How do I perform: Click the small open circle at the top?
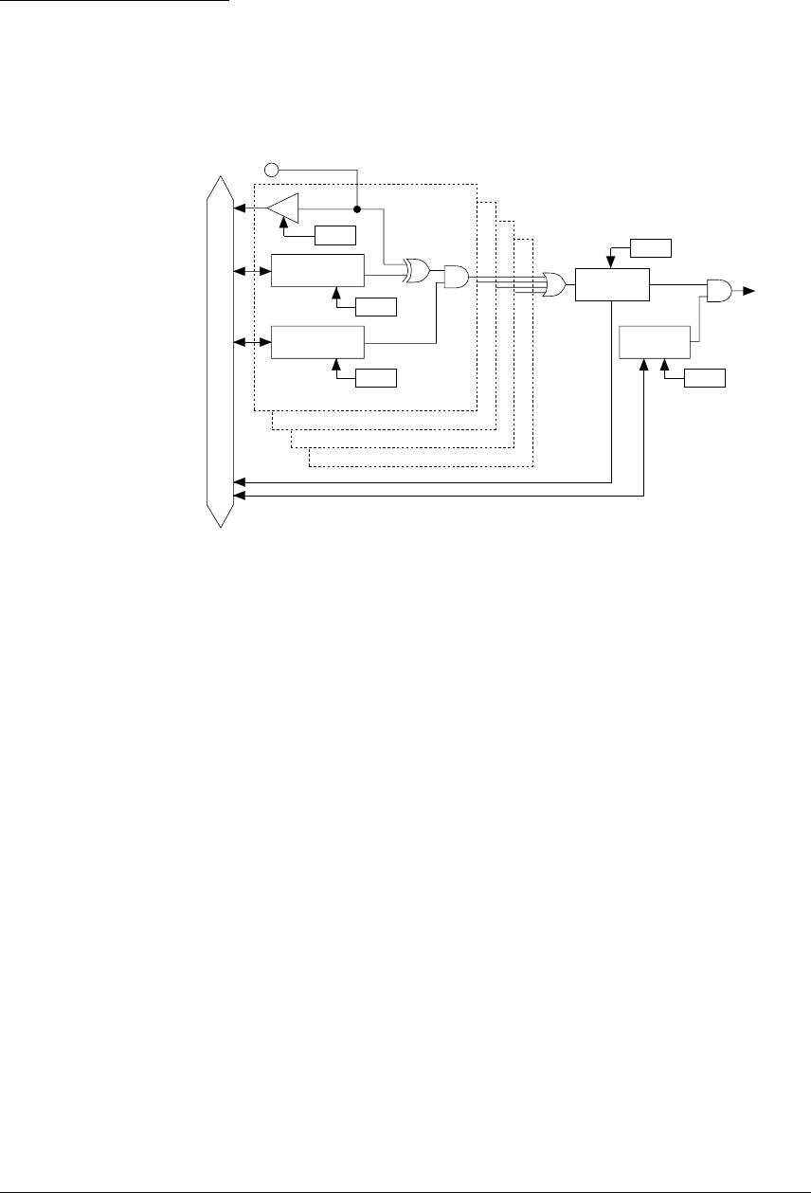[x=271, y=171]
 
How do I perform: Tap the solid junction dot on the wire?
[x=356, y=208]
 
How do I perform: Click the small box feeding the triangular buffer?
[x=336, y=234]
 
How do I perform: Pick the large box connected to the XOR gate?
[x=317, y=271]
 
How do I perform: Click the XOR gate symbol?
[x=414, y=273]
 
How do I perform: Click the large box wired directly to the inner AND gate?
[x=317, y=342]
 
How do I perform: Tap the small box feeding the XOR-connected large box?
[x=375, y=306]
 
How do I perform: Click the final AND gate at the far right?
[x=718, y=292]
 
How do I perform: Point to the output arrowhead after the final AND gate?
[x=749, y=292]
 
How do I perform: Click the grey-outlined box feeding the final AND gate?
[x=655, y=341]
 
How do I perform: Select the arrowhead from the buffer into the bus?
[x=239, y=208]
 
